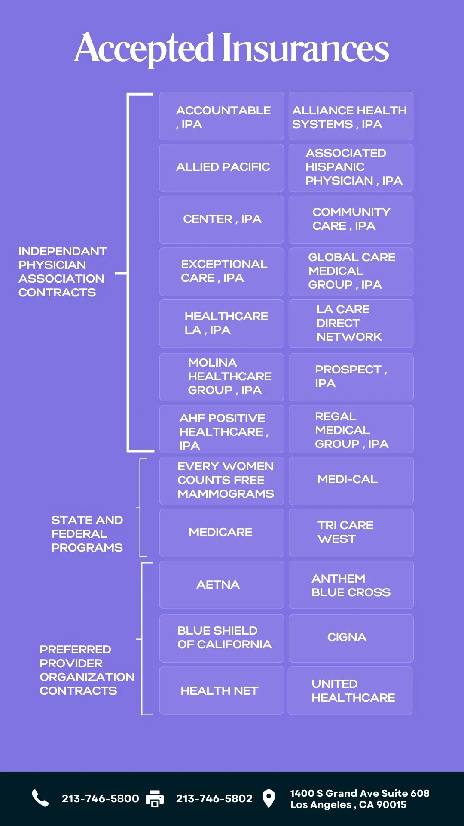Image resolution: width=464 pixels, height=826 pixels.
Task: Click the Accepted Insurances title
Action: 232,48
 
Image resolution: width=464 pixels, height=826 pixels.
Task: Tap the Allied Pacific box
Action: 221,167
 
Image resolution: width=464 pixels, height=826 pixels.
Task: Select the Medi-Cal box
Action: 351,480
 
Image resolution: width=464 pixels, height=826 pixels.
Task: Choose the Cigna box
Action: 351,638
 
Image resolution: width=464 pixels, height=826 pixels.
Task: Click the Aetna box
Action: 221,585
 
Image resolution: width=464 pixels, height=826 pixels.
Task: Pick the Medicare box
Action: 221,533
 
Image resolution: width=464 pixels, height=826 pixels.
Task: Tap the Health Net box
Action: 221,690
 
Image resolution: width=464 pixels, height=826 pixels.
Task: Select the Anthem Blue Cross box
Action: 351,585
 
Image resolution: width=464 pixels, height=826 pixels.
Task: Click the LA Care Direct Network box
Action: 351,324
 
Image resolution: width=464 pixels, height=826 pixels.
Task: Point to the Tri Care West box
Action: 351,533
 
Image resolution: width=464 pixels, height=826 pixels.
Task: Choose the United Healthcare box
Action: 350,690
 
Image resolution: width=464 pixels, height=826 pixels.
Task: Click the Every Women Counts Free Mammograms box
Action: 221,480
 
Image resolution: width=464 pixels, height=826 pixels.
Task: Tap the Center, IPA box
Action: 221,219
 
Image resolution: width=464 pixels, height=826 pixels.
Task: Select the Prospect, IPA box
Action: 351,377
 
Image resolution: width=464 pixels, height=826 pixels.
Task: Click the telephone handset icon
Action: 40,798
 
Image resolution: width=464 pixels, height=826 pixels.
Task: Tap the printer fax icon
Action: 155,798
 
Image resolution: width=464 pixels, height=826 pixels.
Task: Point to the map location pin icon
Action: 269,798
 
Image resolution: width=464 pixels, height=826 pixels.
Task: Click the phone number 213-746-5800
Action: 100,799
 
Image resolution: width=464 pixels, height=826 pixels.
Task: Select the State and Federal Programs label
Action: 87,533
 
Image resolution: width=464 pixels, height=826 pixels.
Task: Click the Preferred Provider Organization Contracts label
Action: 86,670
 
